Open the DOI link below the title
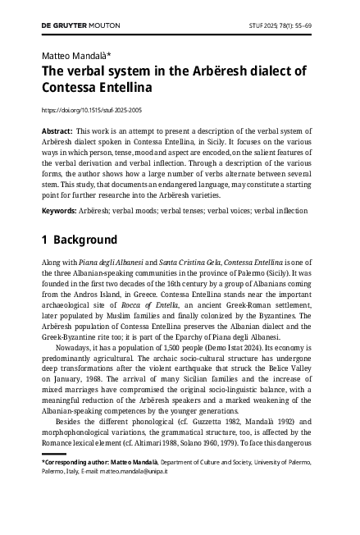coord(91,109)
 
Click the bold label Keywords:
coord(60,211)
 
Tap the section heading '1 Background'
coord(80,240)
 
